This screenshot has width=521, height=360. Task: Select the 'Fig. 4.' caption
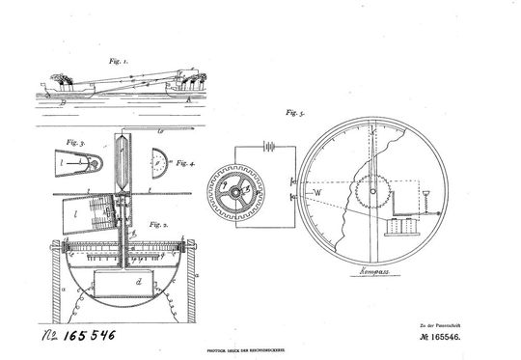point(177,164)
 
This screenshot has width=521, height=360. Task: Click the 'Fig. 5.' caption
point(291,113)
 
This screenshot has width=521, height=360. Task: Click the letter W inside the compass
point(317,191)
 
